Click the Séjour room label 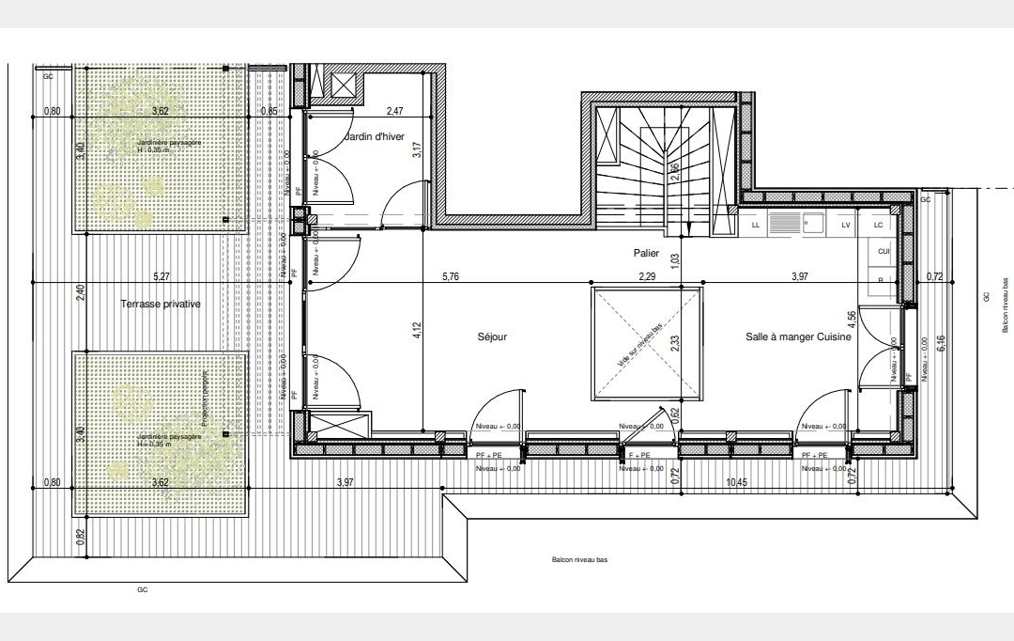(492, 336)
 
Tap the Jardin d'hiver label (375, 138)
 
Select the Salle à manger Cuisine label (798, 336)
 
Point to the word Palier (646, 253)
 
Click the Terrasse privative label (161, 305)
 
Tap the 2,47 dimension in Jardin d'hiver (395, 111)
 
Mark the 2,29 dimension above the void (646, 276)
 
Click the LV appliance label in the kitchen (845, 226)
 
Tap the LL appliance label (756, 226)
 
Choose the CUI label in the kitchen (883, 252)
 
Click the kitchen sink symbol (809, 225)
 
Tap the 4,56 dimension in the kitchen (852, 324)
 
